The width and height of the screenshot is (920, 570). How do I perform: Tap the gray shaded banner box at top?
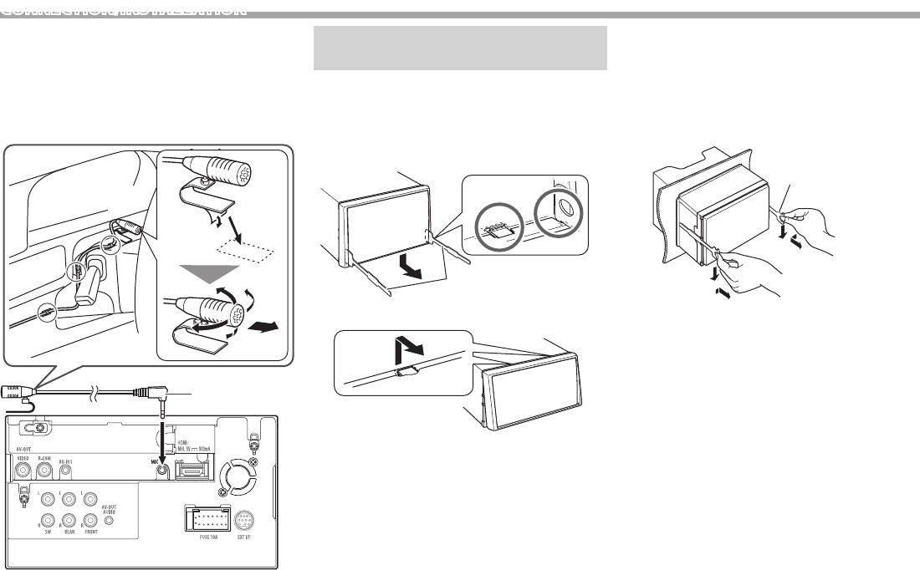click(459, 48)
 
